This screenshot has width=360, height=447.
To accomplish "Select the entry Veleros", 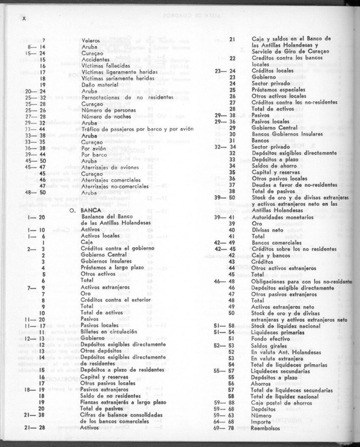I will pos(91,40).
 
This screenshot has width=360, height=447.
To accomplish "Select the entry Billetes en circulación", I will pos(109,331).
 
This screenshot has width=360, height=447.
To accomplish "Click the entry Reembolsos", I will pos(266,428).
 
